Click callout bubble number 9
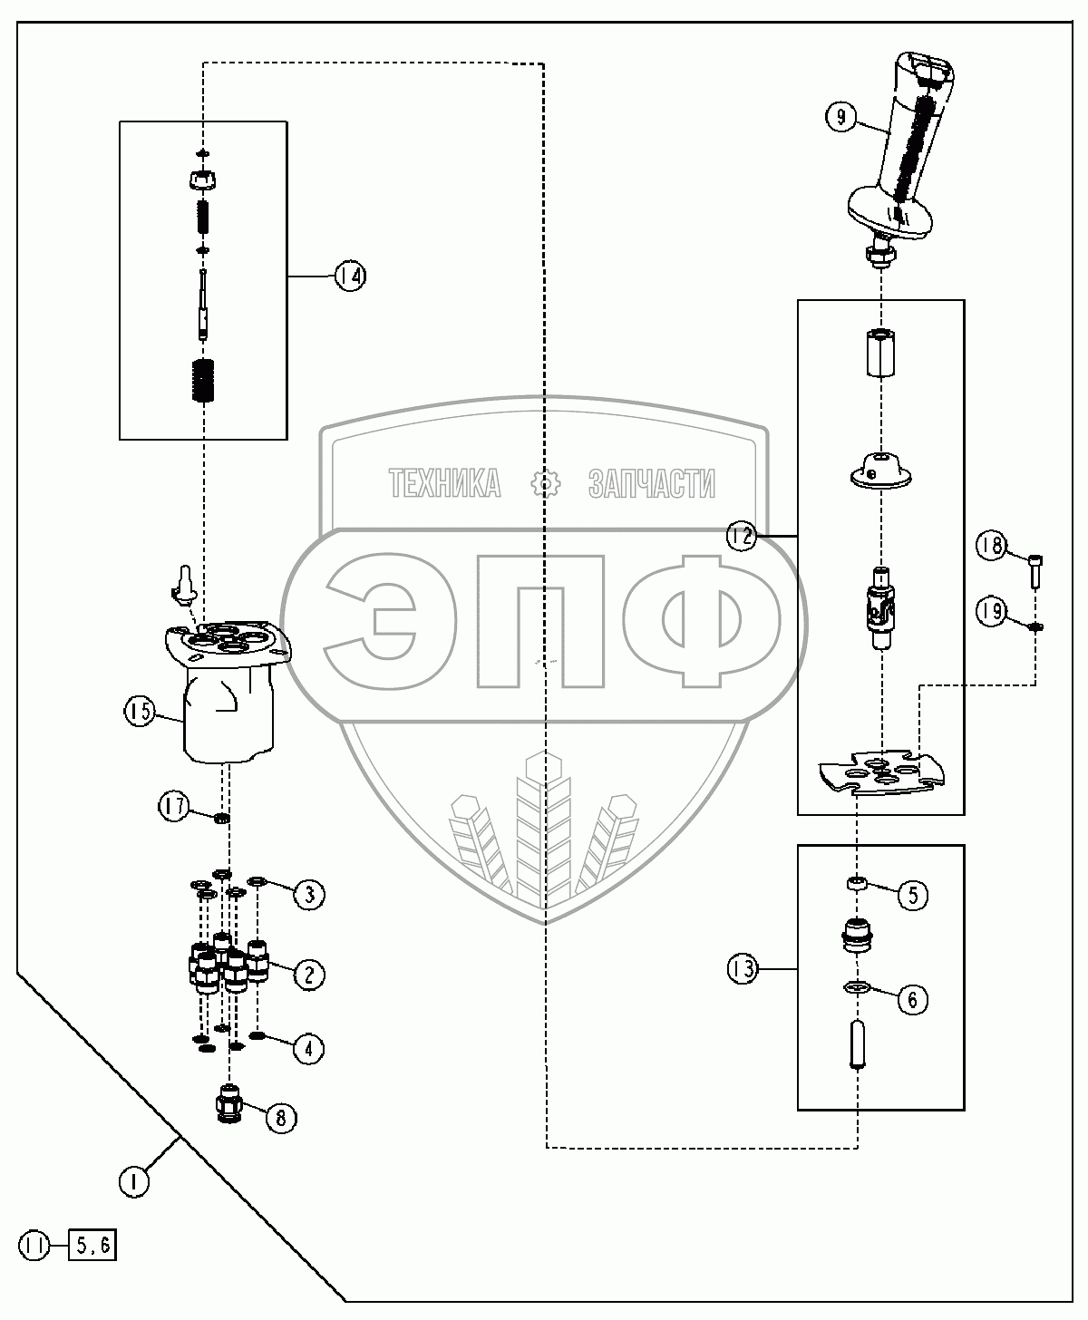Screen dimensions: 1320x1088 coord(840,117)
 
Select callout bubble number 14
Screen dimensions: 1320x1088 coord(349,276)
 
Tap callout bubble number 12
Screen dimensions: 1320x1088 coord(741,537)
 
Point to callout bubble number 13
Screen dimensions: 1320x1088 coord(741,969)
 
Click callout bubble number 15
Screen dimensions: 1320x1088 coord(139,712)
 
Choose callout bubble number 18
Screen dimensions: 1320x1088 coord(991,546)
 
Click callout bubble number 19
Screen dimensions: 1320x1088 coord(991,612)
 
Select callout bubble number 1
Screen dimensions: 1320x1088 coord(134,1181)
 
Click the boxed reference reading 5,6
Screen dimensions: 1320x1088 coord(92,1246)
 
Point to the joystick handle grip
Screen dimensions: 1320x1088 coord(907,136)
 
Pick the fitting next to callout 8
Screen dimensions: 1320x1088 coord(228,1103)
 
